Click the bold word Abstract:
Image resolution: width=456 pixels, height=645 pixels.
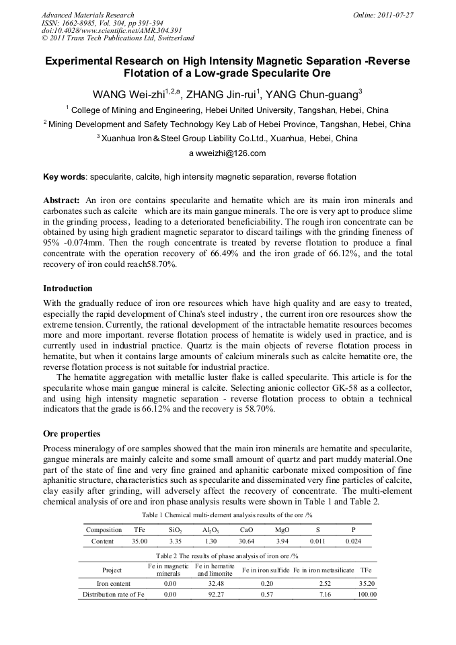point(62,200)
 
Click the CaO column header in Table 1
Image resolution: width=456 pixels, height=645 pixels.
point(246,530)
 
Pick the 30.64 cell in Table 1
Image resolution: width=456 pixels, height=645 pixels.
point(246,541)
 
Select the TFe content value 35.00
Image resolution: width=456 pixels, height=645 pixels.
point(139,541)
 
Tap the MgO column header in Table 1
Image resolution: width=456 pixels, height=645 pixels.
point(282,530)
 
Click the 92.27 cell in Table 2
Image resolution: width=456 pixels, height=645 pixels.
point(215,595)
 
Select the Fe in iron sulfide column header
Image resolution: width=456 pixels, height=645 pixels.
point(266,570)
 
